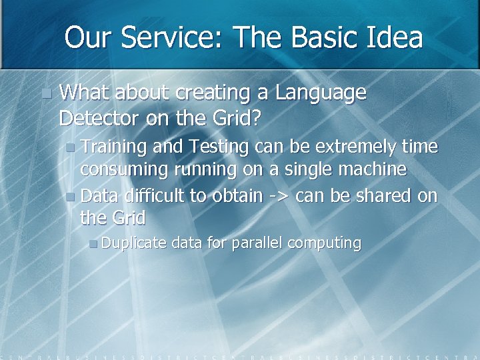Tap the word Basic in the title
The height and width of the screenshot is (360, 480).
[322, 37]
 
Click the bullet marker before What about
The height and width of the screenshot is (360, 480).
[45, 94]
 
